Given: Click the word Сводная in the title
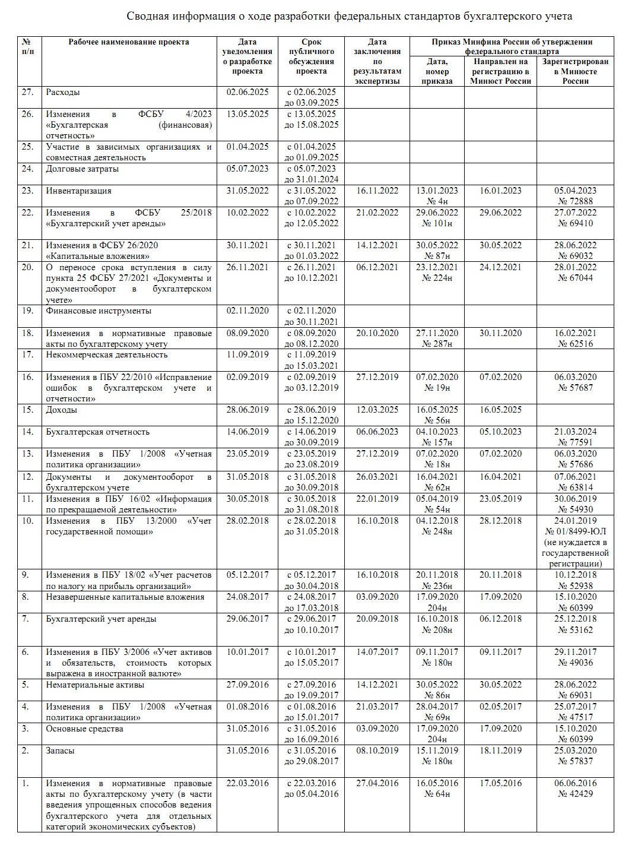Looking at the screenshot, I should pyautogui.click(x=150, y=17).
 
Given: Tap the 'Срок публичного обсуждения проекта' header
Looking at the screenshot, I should pyautogui.click(x=311, y=56).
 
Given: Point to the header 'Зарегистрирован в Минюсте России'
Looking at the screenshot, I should pyautogui.click(x=575, y=71).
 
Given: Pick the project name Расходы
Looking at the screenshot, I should pyautogui.click(x=63, y=93).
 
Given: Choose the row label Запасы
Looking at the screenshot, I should pyautogui.click(x=61, y=751).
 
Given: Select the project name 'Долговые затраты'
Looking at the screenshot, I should pyautogui.click(x=82, y=169).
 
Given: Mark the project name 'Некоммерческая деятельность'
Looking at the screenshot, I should pyautogui.click(x=107, y=355).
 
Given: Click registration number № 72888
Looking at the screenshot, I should pyautogui.click(x=575, y=202).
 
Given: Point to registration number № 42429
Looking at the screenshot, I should pyautogui.click(x=575, y=794).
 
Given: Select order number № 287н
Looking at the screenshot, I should pyautogui.click(x=437, y=344).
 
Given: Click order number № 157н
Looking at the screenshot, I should pyautogui.click(x=437, y=442).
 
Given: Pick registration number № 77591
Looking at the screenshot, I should pyautogui.click(x=575, y=442).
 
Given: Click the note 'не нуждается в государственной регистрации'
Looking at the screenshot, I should pyautogui.click(x=575, y=553).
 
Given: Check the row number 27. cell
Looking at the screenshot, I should pyautogui.click(x=28, y=93).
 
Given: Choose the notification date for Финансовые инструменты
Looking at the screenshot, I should pyautogui.click(x=247, y=311).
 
